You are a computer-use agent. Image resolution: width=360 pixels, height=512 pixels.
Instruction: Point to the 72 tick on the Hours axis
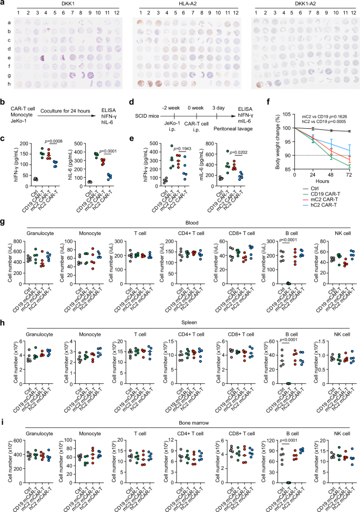pos(349,175)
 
